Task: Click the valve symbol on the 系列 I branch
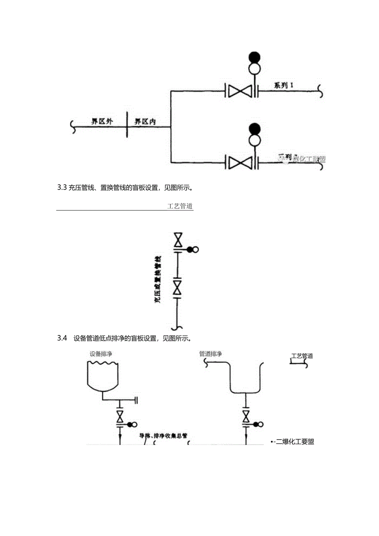pyautogui.click(x=240, y=91)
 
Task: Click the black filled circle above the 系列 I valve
pyautogui.click(x=255, y=57)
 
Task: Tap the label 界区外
pyautogui.click(x=102, y=122)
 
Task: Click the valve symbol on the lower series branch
pyautogui.click(x=240, y=162)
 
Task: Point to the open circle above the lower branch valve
pyautogui.click(x=255, y=140)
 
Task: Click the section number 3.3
pyautogui.click(x=62, y=188)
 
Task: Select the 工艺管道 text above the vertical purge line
pyautogui.click(x=180, y=206)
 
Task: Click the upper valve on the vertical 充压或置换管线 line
pyautogui.click(x=178, y=240)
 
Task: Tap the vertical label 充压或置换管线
pyautogui.click(x=157, y=280)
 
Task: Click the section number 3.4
pyautogui.click(x=62, y=338)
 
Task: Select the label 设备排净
pyautogui.click(x=101, y=354)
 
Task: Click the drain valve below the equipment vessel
pyautogui.click(x=120, y=416)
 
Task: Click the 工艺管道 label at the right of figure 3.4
pyautogui.click(x=302, y=356)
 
